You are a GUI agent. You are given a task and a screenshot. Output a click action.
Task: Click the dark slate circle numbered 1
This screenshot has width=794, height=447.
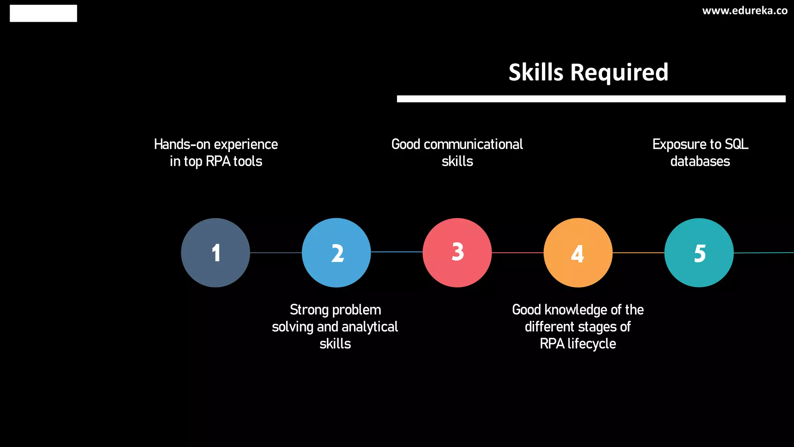216,253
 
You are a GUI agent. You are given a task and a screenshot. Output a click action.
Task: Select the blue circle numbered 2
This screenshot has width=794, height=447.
336,253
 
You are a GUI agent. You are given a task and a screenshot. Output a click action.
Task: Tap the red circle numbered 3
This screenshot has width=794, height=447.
457,253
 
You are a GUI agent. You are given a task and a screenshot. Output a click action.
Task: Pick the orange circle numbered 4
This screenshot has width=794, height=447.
578,253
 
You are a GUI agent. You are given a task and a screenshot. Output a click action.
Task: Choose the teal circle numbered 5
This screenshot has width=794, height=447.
699,253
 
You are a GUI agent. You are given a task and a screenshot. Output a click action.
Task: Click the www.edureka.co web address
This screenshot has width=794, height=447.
744,11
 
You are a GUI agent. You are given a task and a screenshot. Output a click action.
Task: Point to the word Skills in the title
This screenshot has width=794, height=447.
536,72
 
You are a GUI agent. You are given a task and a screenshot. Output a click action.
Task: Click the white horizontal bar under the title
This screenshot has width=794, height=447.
591,99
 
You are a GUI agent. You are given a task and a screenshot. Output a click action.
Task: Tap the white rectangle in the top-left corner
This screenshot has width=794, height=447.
43,13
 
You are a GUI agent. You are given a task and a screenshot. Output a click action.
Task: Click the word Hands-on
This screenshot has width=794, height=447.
182,144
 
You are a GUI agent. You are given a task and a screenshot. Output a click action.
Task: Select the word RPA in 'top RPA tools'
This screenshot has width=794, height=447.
218,161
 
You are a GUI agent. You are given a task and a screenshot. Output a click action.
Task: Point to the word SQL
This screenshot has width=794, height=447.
736,144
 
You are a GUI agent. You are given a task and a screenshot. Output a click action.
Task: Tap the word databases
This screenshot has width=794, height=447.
700,161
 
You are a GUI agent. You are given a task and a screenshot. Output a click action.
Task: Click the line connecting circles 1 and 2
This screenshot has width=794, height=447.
276,253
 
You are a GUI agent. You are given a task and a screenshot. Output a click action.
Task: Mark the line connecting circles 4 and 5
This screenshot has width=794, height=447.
638,253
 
